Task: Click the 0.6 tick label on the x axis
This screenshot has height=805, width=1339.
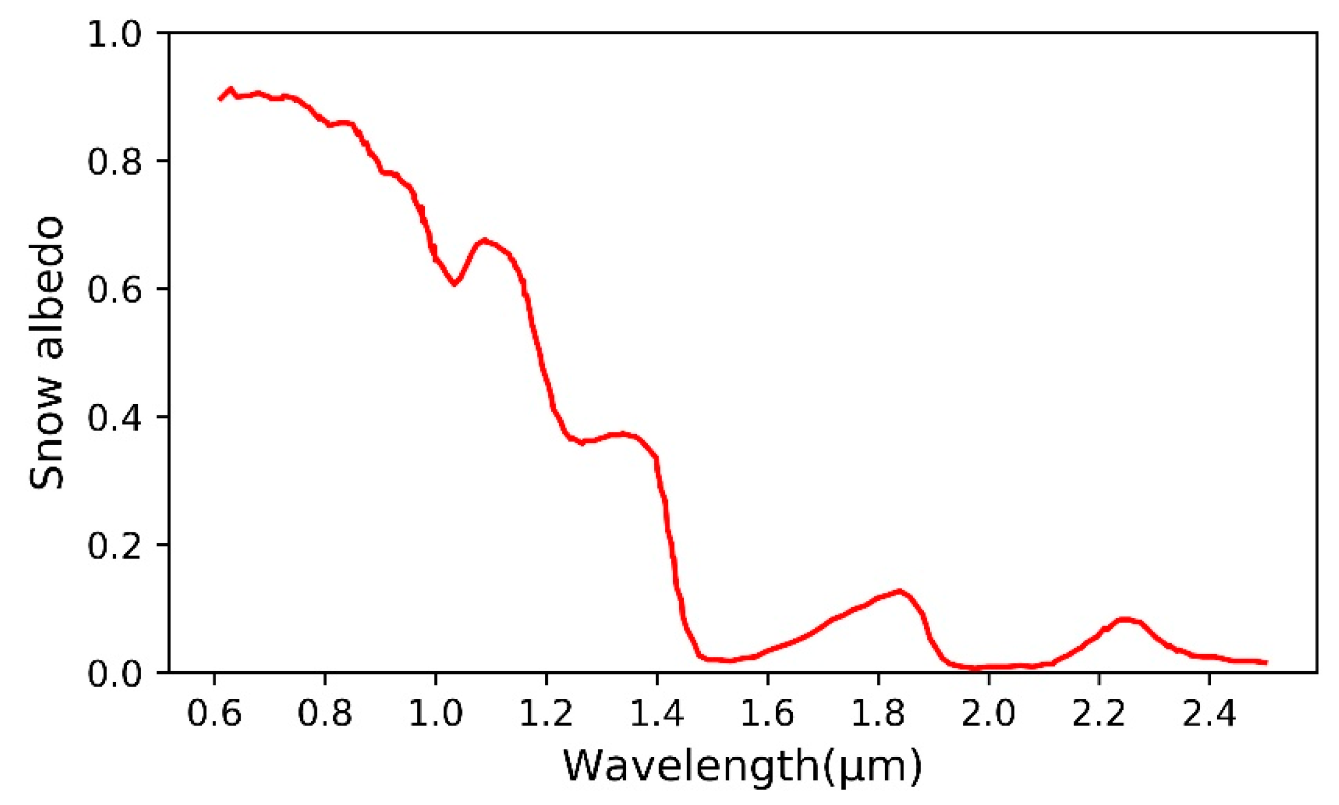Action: (x=214, y=713)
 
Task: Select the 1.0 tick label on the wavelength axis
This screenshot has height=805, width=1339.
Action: (x=436, y=713)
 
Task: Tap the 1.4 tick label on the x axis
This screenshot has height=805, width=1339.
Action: (x=657, y=713)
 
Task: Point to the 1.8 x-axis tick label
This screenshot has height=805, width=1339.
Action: (x=878, y=713)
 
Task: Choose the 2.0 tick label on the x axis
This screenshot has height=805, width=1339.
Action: (x=989, y=713)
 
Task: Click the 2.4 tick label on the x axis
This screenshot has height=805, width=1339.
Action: (x=1209, y=713)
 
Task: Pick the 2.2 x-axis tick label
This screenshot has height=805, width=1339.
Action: (x=1099, y=713)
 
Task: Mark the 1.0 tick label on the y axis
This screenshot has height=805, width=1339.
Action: (x=114, y=34)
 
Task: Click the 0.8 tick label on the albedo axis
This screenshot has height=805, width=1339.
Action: (x=114, y=162)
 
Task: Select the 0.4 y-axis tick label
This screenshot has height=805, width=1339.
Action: (x=114, y=417)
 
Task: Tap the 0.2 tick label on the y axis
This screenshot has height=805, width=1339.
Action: (x=114, y=545)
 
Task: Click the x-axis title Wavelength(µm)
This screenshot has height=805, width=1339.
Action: (x=742, y=766)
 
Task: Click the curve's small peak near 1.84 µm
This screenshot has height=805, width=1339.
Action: (x=899, y=591)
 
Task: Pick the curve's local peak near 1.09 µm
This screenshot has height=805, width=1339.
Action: (x=484, y=240)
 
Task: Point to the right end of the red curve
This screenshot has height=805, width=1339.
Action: (x=1267, y=663)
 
